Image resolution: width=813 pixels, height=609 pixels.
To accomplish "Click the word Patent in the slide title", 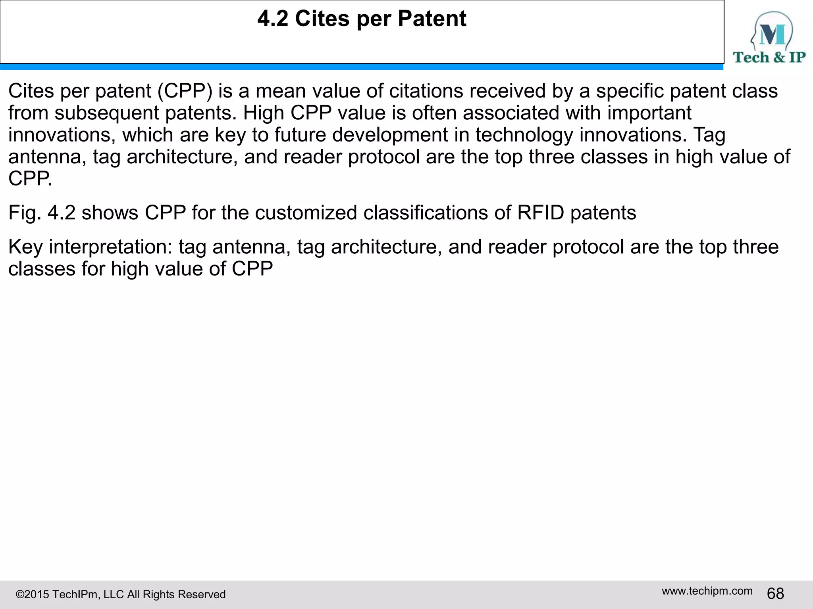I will click(x=432, y=19).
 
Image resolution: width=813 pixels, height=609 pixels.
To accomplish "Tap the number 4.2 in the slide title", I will click(x=273, y=19).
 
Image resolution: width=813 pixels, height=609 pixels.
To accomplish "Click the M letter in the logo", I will click(x=772, y=35).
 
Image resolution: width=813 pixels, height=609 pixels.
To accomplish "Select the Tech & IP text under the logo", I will click(x=769, y=57).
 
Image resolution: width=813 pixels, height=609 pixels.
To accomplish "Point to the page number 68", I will click(x=775, y=594).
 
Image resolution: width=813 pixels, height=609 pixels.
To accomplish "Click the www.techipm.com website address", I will click(x=707, y=591).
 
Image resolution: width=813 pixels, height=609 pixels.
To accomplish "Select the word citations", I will click(x=426, y=91).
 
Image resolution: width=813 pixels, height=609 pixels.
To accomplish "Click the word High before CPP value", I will click(x=263, y=113).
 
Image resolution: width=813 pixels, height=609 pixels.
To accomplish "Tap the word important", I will click(x=649, y=113).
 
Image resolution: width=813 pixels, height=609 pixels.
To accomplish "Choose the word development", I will click(x=390, y=135).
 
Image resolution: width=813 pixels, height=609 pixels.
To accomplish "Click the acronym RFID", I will click(x=540, y=213).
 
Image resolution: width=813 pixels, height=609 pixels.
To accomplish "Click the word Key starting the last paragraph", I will click(x=25, y=247).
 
